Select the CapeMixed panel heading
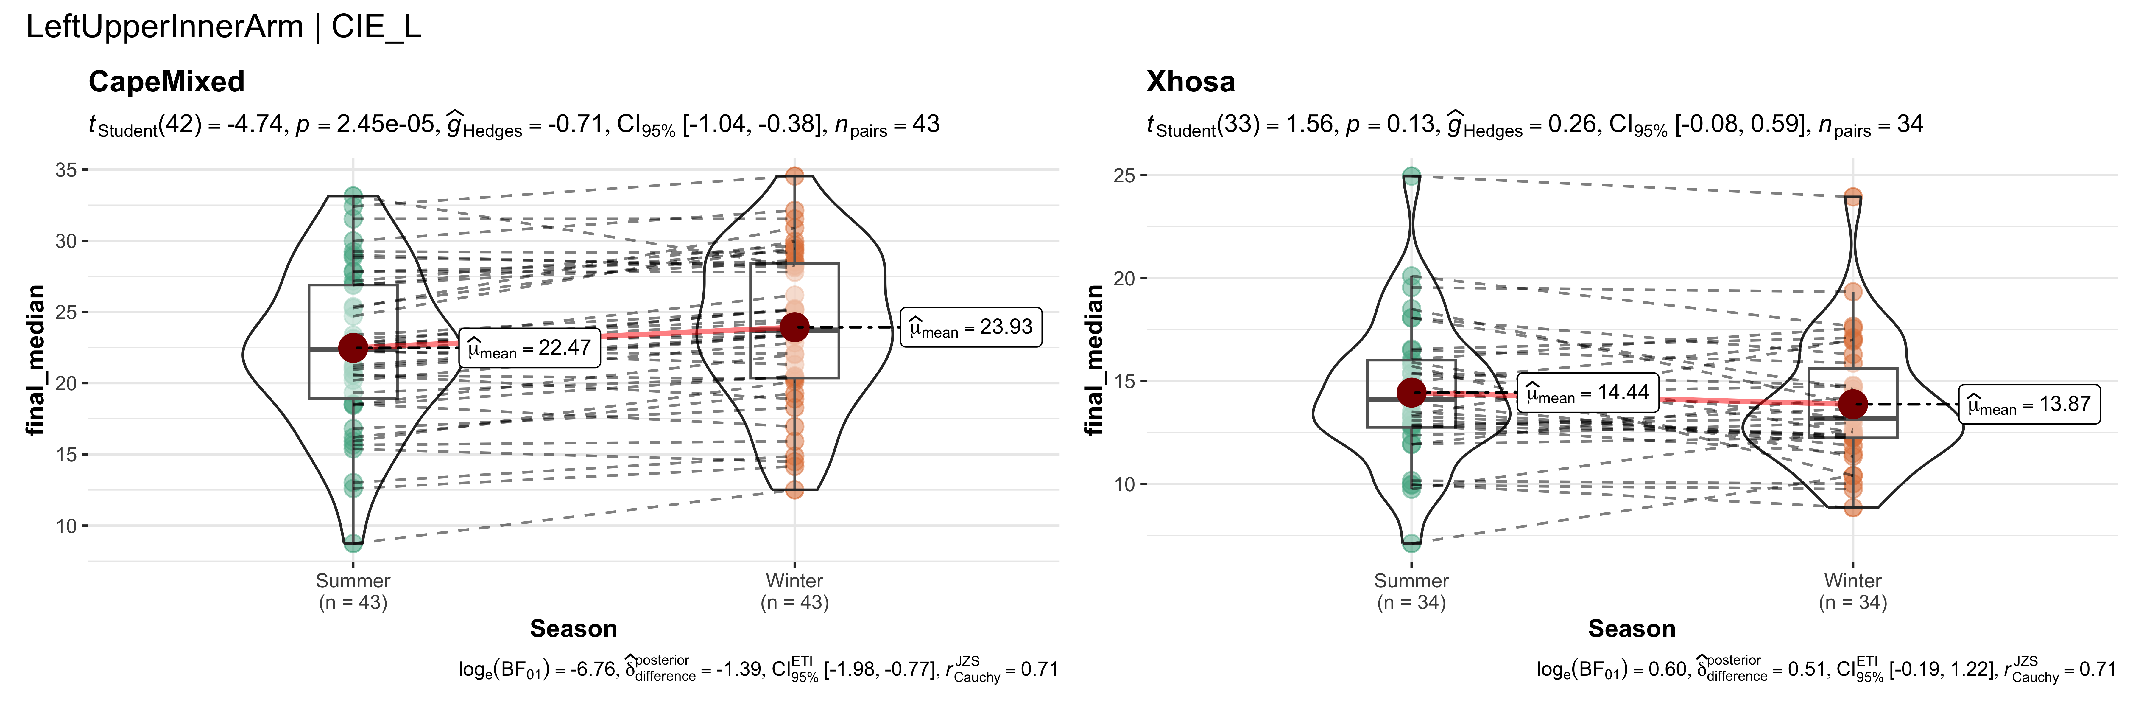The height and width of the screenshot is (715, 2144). (166, 82)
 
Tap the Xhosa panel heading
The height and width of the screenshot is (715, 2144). (1190, 82)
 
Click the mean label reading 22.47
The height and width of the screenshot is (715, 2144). (529, 348)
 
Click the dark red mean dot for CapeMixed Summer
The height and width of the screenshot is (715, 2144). (353, 348)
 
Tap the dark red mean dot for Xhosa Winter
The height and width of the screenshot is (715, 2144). (1853, 405)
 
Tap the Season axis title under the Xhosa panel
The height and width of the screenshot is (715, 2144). (1631, 628)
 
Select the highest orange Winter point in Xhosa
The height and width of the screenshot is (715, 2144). (1853, 197)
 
